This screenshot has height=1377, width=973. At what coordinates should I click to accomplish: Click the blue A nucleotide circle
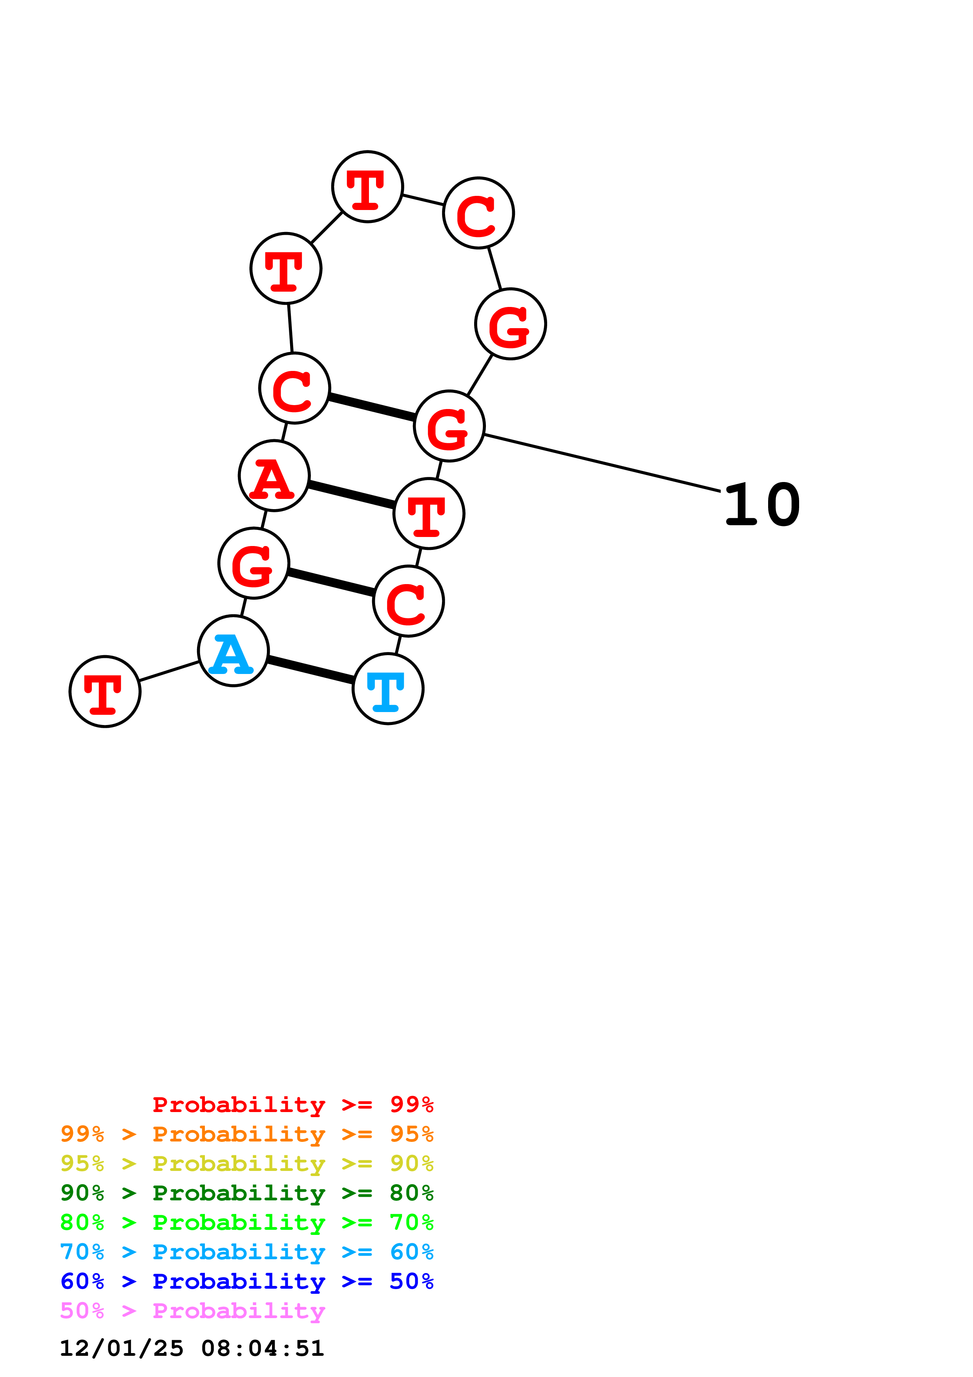tap(233, 651)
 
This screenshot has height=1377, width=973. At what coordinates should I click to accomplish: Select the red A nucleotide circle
tap(274, 476)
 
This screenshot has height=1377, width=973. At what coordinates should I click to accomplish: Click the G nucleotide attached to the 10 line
tap(449, 426)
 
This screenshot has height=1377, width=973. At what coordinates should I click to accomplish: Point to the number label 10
tap(761, 505)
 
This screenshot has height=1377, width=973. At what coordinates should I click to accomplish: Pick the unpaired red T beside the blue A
tap(105, 692)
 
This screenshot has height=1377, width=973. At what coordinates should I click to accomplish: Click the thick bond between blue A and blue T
tap(310, 670)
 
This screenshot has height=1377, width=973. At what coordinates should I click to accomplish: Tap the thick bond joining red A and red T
tap(351, 495)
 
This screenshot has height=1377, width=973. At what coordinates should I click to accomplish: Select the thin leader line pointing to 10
tap(602, 463)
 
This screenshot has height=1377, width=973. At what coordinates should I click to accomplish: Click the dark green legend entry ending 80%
tap(246, 1193)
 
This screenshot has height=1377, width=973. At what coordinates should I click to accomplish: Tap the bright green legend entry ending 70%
tap(246, 1222)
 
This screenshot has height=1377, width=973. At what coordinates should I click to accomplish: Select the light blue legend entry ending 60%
tap(246, 1252)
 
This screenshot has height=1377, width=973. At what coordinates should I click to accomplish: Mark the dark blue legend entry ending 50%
tap(246, 1281)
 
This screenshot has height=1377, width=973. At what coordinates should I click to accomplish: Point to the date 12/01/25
tap(122, 1348)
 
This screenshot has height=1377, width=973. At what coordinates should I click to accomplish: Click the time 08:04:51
tap(263, 1348)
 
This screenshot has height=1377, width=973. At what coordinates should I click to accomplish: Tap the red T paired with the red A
tap(429, 513)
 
